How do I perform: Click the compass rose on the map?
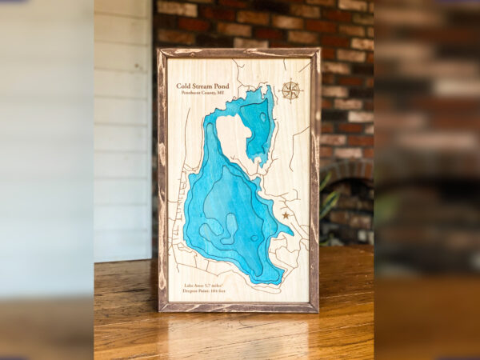(x=290, y=90)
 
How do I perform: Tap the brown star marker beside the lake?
(x=286, y=214)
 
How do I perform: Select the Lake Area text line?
(x=204, y=285)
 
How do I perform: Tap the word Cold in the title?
(x=185, y=86)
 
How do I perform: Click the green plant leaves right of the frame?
(x=326, y=204)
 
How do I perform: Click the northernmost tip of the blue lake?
(x=269, y=87)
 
